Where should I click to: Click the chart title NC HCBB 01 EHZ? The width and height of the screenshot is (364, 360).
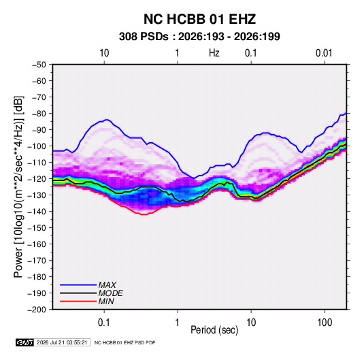(x=199, y=19)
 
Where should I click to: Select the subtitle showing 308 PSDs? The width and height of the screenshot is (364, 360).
(x=199, y=37)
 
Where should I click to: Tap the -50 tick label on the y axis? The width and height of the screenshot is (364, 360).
(x=39, y=65)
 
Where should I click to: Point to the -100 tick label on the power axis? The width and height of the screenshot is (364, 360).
(x=37, y=146)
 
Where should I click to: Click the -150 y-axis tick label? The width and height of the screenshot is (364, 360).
(x=37, y=228)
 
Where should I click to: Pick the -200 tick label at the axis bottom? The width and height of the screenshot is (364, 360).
(x=37, y=310)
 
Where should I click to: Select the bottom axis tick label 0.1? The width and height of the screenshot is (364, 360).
(x=104, y=323)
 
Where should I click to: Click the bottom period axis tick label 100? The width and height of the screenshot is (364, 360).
(x=325, y=323)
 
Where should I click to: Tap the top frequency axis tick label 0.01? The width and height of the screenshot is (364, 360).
(x=324, y=53)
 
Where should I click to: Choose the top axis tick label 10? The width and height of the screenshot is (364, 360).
(x=104, y=53)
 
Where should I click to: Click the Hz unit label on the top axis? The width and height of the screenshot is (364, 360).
(x=214, y=53)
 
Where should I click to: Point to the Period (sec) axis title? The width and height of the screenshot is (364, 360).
(x=214, y=330)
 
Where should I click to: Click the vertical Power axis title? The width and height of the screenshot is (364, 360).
(x=18, y=187)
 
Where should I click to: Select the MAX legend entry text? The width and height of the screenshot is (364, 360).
(x=107, y=285)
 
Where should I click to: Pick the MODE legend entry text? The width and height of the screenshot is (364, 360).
(x=110, y=293)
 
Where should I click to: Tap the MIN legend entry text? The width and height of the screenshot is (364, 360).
(x=106, y=301)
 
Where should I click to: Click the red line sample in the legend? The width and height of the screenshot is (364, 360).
(x=78, y=301)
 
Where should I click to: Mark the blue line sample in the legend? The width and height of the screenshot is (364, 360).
(x=78, y=285)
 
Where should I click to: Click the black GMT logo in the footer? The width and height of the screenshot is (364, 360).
(x=25, y=342)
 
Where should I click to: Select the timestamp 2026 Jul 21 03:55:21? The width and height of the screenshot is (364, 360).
(x=62, y=342)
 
